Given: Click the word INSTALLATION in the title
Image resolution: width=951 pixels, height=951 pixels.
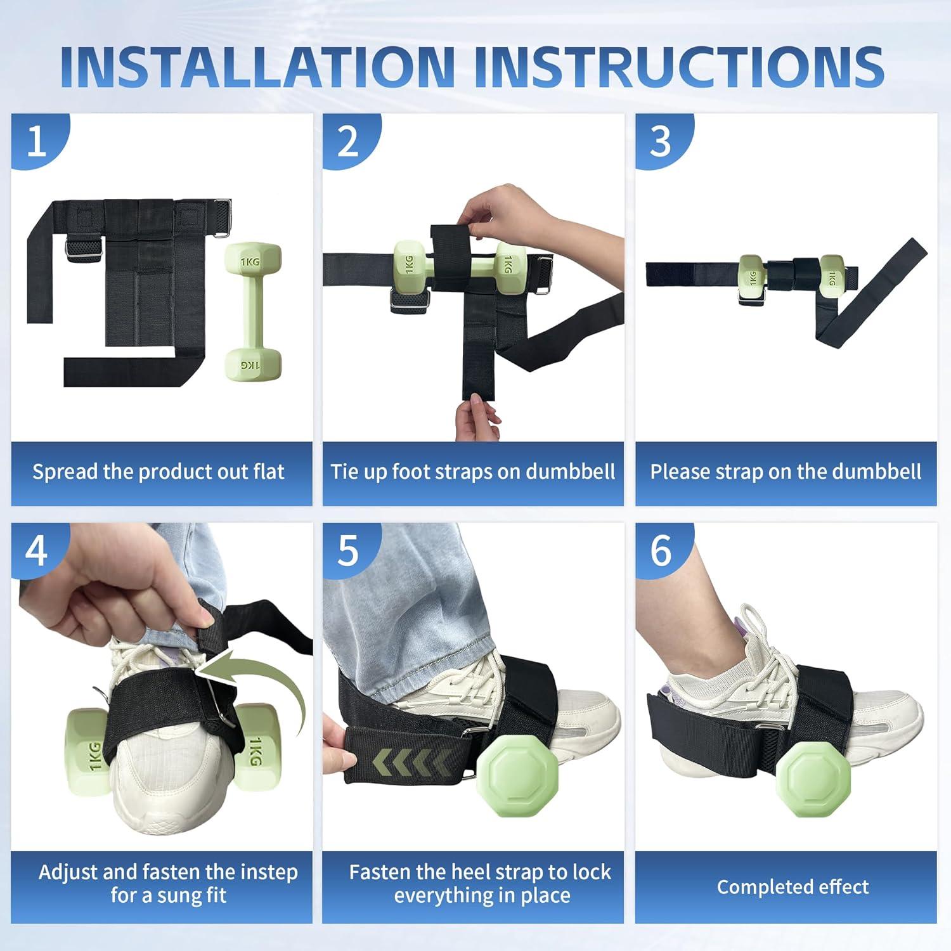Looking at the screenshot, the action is pos(257,67).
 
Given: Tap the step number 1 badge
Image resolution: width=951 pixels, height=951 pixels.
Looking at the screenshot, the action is pos(38,141).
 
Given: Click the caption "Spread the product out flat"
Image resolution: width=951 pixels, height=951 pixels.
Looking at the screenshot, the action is pos(158,472).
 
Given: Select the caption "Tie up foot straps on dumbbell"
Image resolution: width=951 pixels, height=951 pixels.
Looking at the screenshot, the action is pos(473,472).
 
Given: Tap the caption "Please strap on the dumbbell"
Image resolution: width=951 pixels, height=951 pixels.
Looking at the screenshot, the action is pos(786,472).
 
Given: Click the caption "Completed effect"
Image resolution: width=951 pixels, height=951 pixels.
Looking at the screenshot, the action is pos(792,886).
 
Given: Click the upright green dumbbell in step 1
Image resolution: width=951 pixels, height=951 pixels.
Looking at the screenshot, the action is pos(252,311).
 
